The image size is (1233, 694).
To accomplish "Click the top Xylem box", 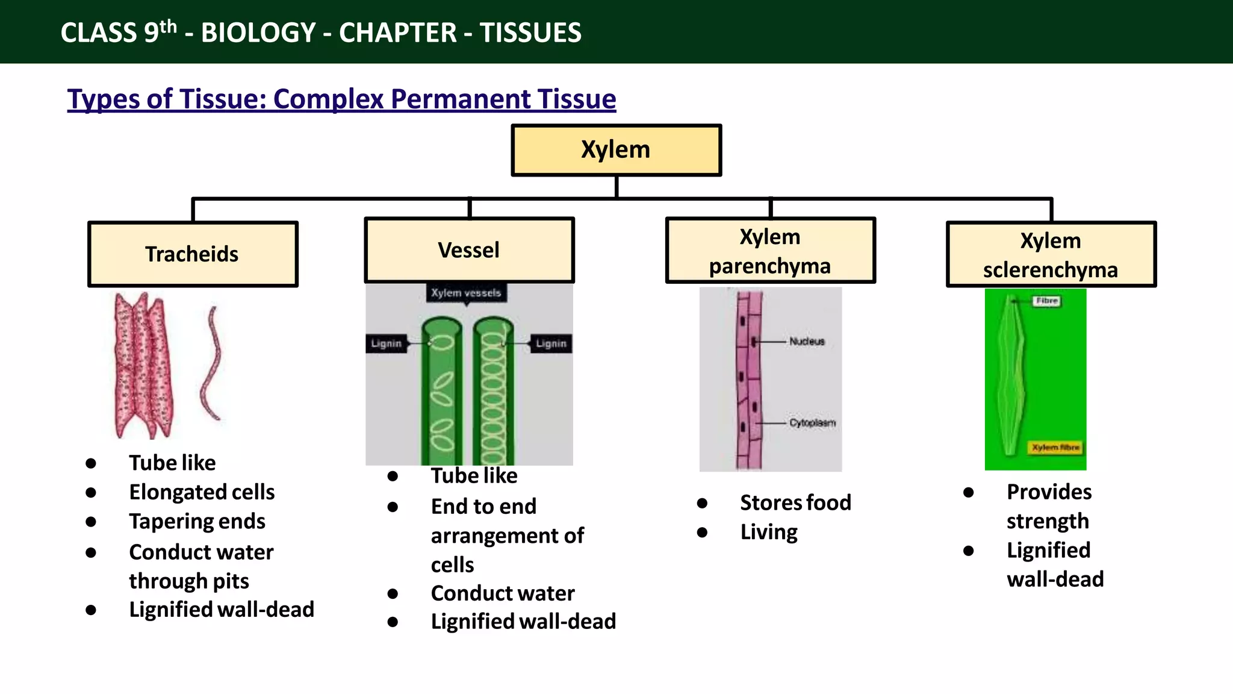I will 616,150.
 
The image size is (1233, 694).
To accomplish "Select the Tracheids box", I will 193,254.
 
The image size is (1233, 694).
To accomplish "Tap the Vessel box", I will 469,250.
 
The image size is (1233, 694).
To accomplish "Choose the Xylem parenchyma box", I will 770,251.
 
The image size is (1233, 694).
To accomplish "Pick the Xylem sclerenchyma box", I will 1051,254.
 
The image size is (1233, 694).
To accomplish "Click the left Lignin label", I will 386,343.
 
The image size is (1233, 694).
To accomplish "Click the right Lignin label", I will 551,343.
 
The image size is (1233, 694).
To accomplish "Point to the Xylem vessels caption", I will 466,293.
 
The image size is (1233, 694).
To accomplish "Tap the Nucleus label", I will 807,342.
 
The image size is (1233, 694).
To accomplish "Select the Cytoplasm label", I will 812,423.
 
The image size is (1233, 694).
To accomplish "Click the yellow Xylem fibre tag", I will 1055,448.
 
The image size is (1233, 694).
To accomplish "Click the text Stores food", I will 795,502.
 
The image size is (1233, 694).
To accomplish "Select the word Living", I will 769,532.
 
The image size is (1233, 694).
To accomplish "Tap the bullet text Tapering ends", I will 197,521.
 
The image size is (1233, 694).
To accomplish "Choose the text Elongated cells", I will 202,492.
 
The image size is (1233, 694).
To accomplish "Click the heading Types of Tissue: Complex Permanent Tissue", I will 341,99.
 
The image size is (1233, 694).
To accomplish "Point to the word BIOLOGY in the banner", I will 258,33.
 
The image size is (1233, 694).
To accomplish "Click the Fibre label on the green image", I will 1047,301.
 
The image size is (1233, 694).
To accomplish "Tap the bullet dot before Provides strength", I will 968,492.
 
